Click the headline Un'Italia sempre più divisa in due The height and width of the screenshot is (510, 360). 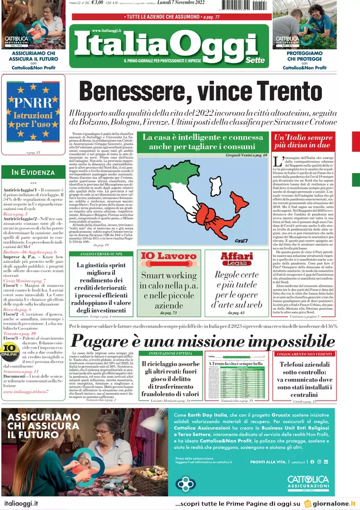(303, 142)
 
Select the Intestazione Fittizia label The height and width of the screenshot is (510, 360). (167, 354)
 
